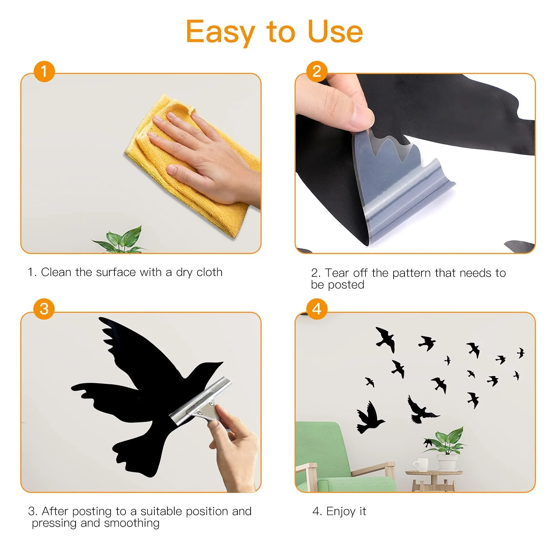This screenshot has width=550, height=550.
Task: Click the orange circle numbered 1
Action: coord(44,71)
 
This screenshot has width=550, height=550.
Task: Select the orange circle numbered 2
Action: coord(317,71)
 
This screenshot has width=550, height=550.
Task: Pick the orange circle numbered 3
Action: coord(44,309)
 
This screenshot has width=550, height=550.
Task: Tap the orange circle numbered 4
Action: coord(317,309)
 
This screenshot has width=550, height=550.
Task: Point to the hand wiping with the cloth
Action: coord(206,158)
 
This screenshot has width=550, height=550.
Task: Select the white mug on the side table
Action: coord(420,465)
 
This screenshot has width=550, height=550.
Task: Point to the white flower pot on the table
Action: coord(448,462)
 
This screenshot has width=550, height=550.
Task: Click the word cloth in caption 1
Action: coord(209,272)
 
